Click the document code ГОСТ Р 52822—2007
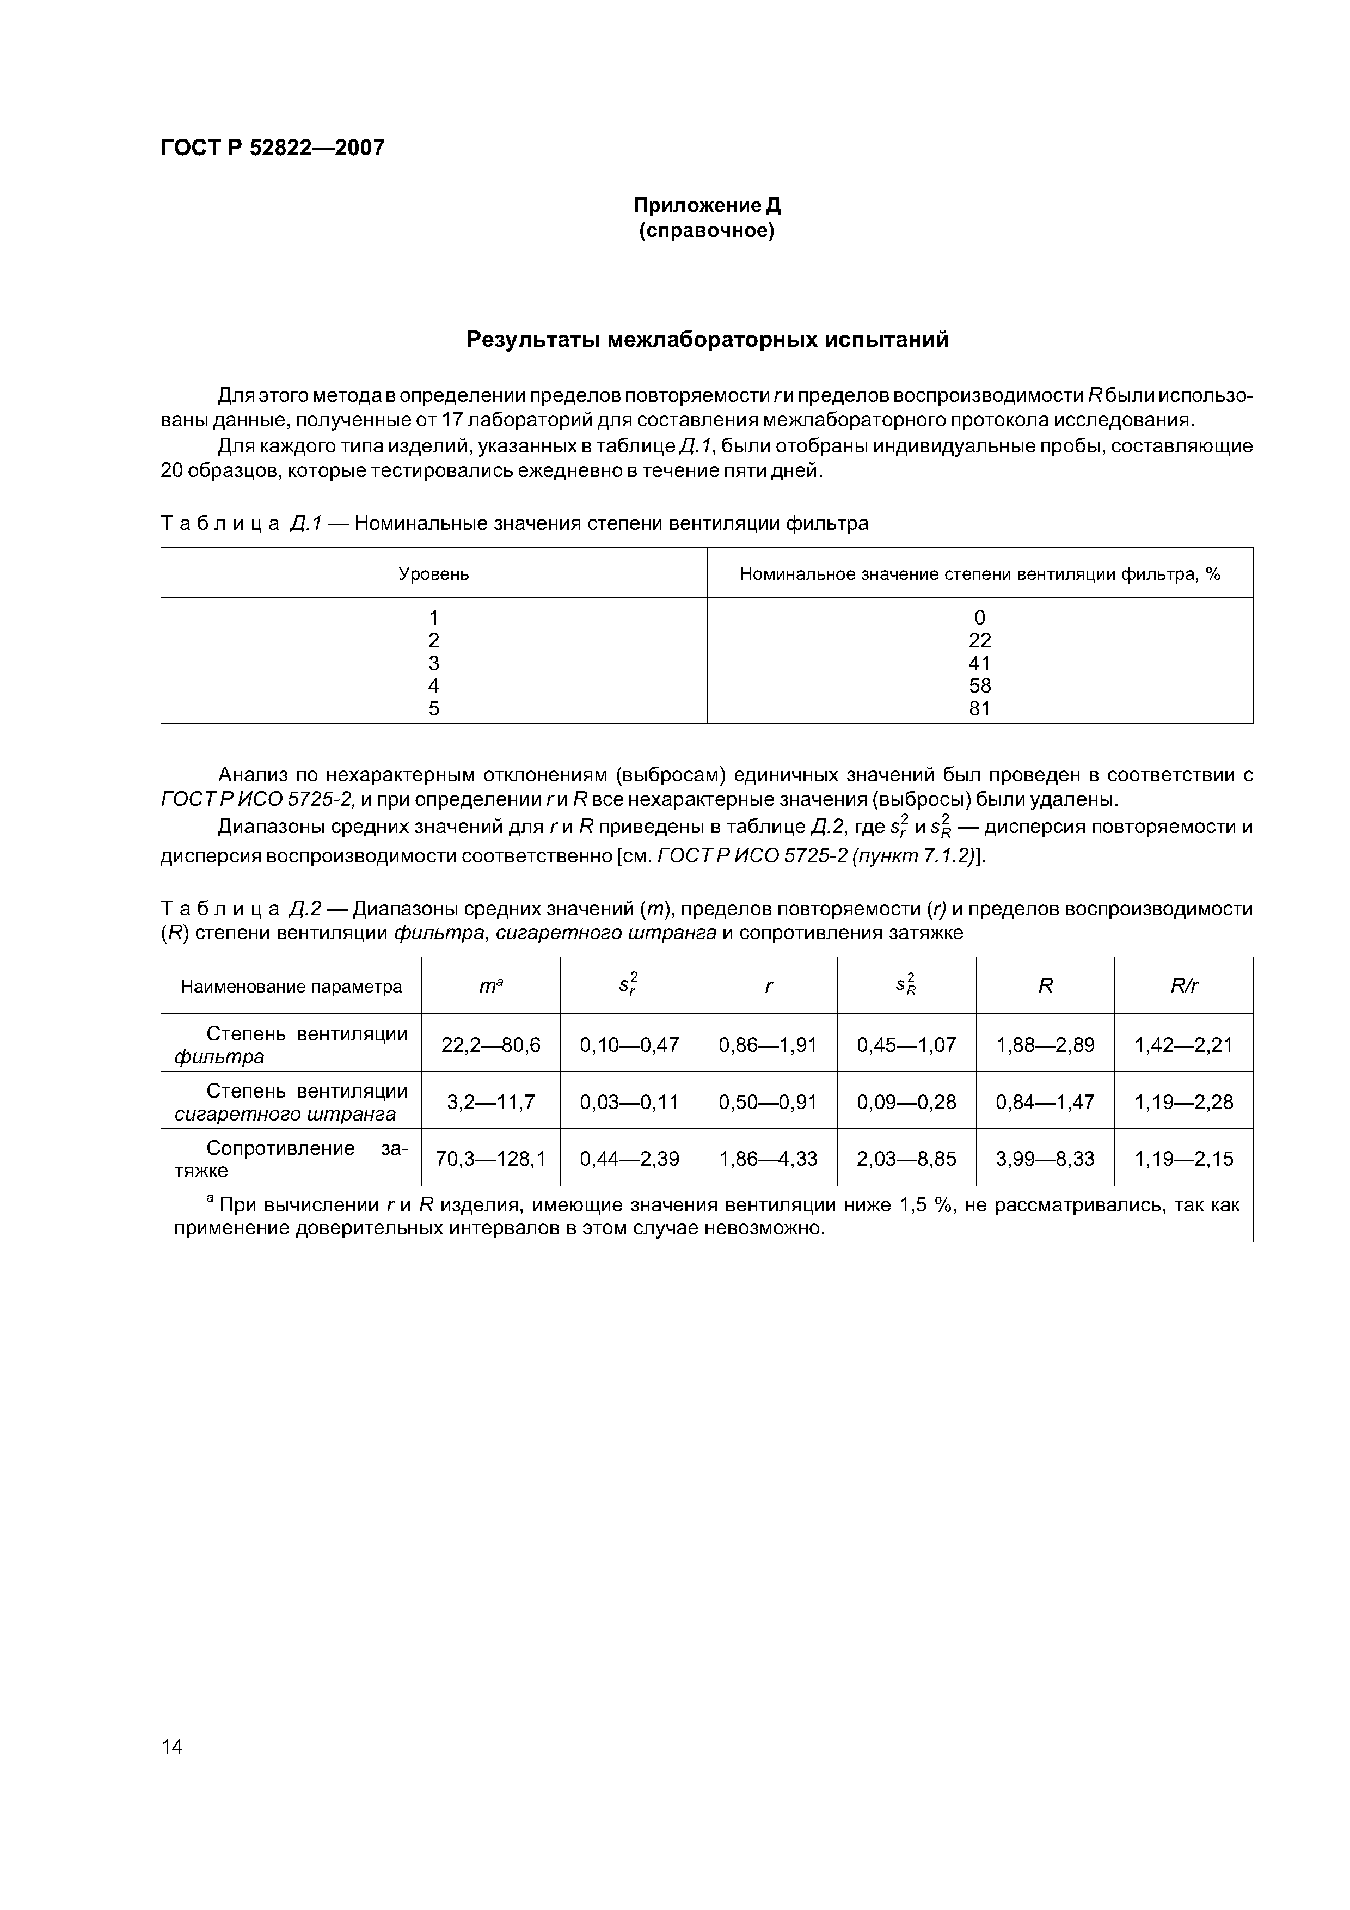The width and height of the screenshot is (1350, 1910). [x=272, y=148]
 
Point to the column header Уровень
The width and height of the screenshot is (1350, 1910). [x=433, y=574]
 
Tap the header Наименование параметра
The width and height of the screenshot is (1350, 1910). [x=291, y=987]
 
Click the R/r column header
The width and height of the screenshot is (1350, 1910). [x=1183, y=987]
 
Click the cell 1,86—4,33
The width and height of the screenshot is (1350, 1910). [x=768, y=1159]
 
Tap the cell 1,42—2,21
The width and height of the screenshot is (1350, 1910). [x=1183, y=1045]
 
